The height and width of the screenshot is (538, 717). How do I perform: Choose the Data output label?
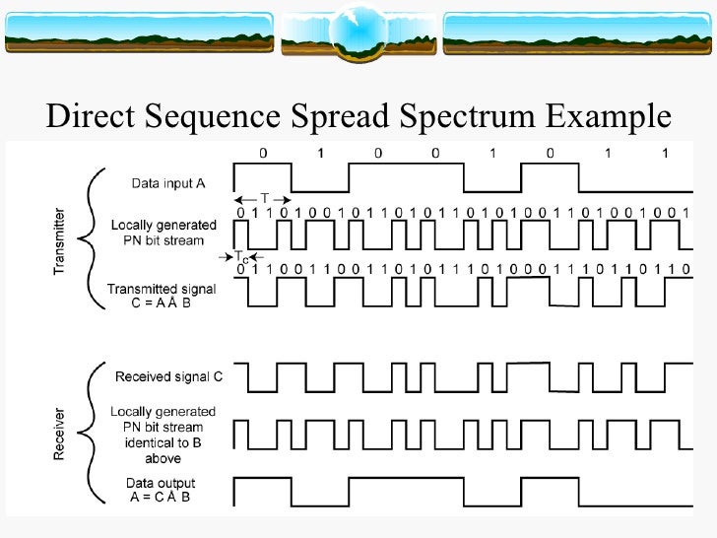coord(162,483)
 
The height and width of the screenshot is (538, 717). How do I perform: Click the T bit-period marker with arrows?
coord(264,198)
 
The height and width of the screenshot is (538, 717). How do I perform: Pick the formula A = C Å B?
coord(162,497)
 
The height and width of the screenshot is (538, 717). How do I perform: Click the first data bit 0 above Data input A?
coord(262,153)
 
